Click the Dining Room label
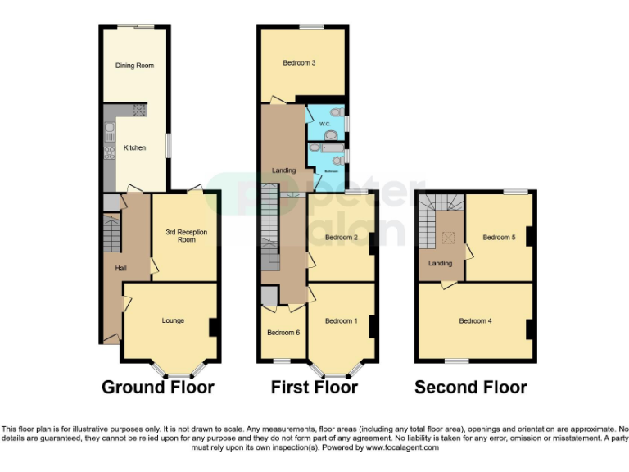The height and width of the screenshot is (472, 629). [134, 66]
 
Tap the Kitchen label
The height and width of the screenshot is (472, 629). [134, 148]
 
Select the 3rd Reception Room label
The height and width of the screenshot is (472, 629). [187, 236]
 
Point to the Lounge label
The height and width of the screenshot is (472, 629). [173, 320]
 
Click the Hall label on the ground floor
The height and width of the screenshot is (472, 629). [120, 268]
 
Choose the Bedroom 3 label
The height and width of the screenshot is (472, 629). [300, 62]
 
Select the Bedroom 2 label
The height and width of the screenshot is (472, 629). [341, 238]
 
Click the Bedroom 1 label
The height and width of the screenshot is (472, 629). [341, 320]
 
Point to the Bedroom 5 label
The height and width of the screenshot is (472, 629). [499, 238]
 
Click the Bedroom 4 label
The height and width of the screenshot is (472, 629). [475, 320]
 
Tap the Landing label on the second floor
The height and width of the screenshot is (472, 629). [441, 263]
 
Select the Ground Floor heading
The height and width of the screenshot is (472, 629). [158, 388]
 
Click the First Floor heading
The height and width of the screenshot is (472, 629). [314, 388]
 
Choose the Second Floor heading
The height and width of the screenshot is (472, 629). [470, 388]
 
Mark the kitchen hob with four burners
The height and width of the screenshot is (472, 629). [139, 111]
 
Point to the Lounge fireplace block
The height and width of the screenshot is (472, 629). [213, 327]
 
